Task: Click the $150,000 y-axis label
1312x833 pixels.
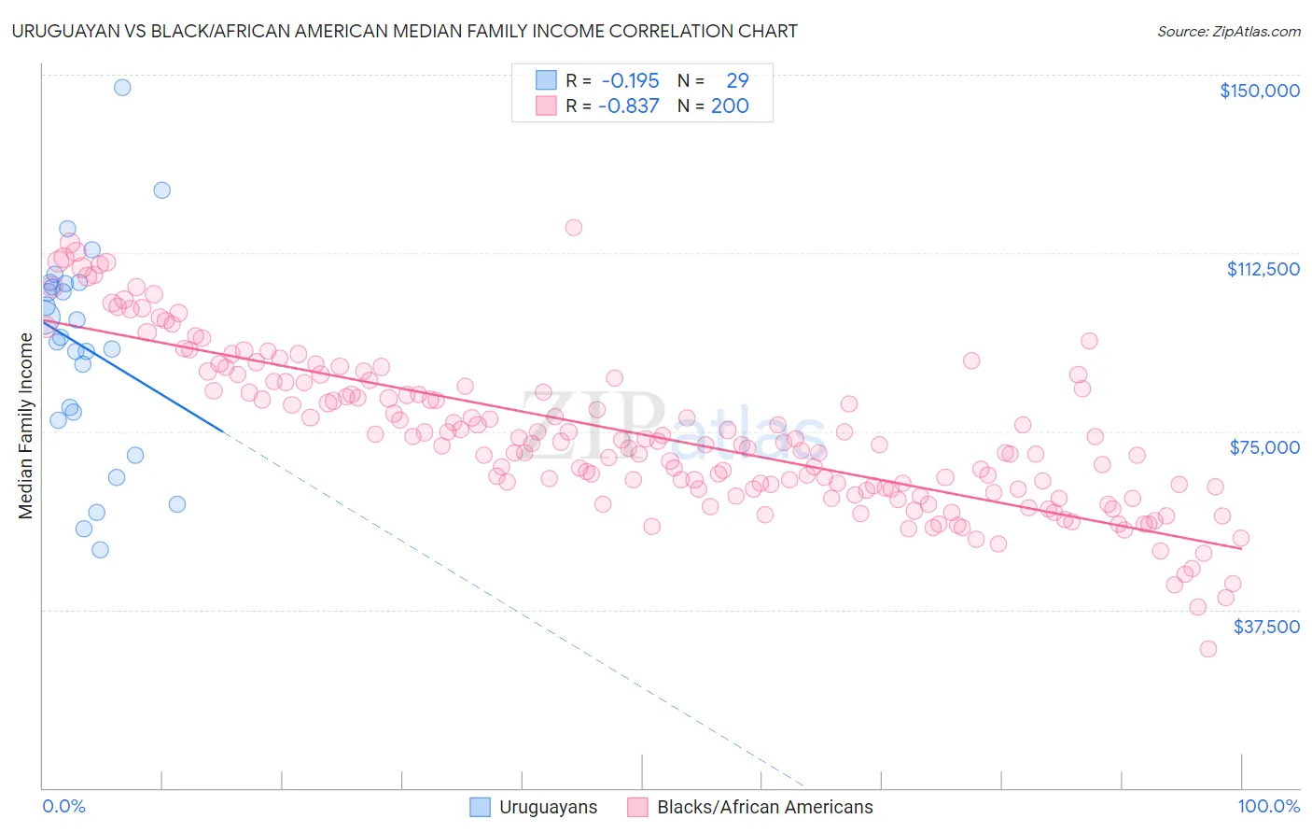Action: pyautogui.click(x=1259, y=91)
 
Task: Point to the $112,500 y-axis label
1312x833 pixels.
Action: pyautogui.click(x=1263, y=269)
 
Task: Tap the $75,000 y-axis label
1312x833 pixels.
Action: pyautogui.click(x=1263, y=447)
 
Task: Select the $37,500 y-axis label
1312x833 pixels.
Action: pyautogui.click(x=1265, y=627)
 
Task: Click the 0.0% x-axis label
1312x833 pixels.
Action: pyautogui.click(x=63, y=806)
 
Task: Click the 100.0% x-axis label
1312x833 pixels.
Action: pyautogui.click(x=1268, y=806)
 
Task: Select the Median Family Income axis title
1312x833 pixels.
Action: pyautogui.click(x=26, y=426)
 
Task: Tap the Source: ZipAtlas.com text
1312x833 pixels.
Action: pyautogui.click(x=1228, y=31)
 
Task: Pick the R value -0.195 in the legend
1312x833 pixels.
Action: pyautogui.click(x=630, y=80)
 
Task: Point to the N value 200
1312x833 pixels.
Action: pyautogui.click(x=730, y=106)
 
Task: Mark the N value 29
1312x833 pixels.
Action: pyautogui.click(x=737, y=80)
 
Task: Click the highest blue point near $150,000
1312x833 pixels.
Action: pyautogui.click(x=122, y=88)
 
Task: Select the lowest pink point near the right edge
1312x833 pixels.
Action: pyautogui.click(x=1208, y=649)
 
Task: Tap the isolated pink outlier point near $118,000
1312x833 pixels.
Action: pyautogui.click(x=574, y=228)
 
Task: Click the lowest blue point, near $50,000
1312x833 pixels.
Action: pyautogui.click(x=100, y=550)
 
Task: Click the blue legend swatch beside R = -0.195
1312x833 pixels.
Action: pyautogui.click(x=546, y=80)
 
